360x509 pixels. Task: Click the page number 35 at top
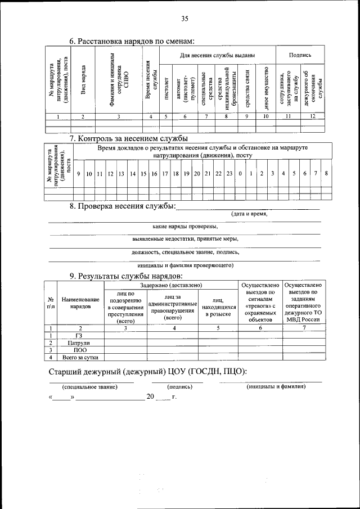point(184,19)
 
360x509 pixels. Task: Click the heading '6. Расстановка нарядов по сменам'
point(132,41)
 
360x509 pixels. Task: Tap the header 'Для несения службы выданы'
point(217,56)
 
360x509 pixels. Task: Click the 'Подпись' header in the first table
point(299,56)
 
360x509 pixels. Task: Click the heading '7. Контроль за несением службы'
point(128,138)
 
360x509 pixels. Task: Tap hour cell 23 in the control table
point(229,173)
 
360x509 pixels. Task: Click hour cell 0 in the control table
point(240,173)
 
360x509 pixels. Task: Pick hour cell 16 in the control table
point(154,173)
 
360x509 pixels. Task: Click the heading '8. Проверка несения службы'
point(123,207)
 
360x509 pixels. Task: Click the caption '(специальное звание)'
point(91,388)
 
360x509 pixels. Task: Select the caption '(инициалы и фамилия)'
point(276,387)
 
